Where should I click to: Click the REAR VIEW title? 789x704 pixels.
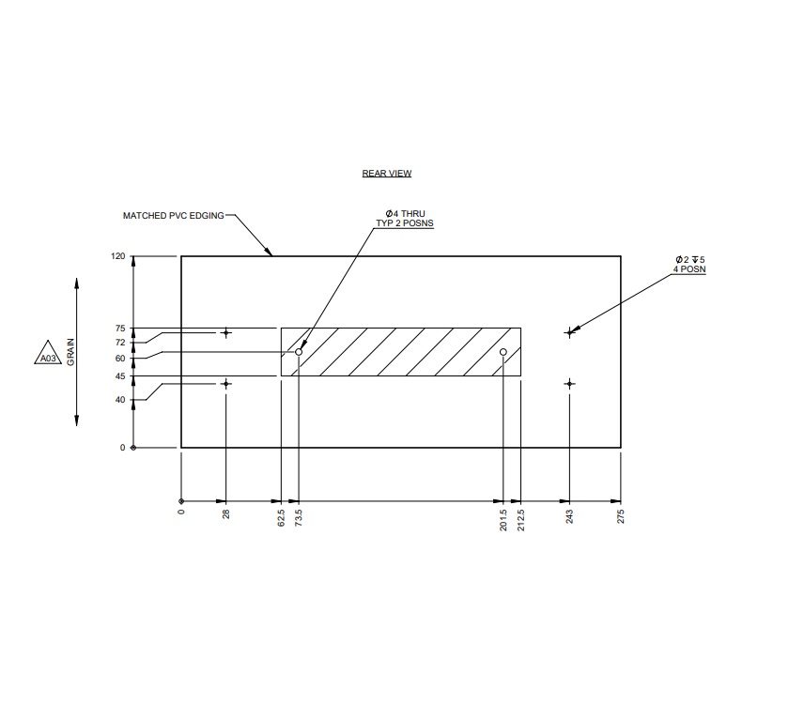[387, 174]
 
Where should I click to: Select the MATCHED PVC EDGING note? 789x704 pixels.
[174, 216]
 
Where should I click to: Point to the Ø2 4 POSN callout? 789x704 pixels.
[689, 264]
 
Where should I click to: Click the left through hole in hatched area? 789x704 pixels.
[299, 352]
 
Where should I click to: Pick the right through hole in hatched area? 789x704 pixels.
[503, 352]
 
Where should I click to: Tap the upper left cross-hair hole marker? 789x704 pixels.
[225, 332]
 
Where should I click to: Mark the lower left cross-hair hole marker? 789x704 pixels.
[225, 384]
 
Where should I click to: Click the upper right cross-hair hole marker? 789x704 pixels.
[568, 332]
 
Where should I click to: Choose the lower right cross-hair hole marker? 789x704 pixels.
[568, 384]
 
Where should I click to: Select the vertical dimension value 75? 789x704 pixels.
[120, 329]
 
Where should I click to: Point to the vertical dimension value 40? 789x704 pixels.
[120, 400]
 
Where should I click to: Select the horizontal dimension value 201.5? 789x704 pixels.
[503, 518]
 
